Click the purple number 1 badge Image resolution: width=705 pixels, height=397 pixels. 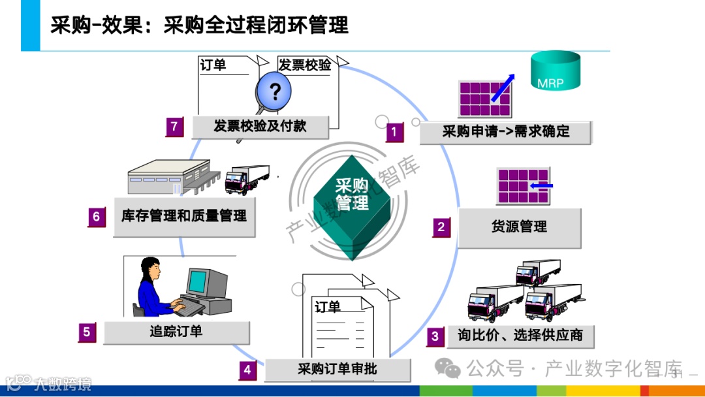[394, 133]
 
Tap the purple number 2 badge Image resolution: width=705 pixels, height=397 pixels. [441, 227]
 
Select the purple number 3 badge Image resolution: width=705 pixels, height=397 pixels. [435, 337]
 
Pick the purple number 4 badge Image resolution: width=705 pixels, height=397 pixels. [247, 370]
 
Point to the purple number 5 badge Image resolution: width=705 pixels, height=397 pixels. [87, 332]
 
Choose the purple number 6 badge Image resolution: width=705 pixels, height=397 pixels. [97, 217]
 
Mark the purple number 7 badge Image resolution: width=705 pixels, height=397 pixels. [174, 127]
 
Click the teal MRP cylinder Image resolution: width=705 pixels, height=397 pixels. [555, 71]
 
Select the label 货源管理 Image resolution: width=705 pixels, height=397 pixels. [519, 227]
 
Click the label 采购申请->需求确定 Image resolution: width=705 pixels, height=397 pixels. [506, 131]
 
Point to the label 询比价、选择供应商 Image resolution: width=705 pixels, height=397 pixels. [520, 336]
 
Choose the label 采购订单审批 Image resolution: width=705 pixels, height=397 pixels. [337, 370]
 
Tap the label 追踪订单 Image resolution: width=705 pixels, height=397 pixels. [176, 332]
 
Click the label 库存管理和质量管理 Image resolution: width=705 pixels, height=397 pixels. [184, 216]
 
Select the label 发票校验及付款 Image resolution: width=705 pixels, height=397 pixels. [260, 126]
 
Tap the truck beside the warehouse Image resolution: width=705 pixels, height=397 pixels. [246, 178]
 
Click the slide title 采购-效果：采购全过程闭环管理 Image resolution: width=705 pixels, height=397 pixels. [199, 25]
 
